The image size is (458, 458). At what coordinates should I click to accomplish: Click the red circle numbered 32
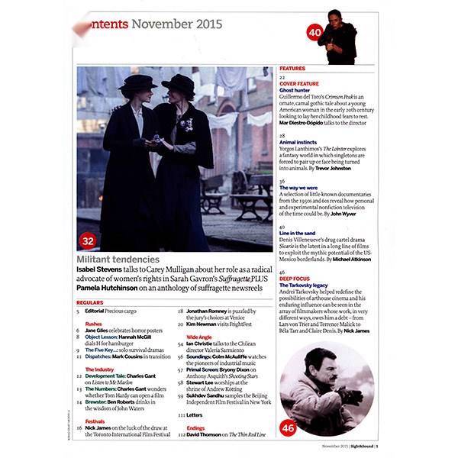pos(89,240)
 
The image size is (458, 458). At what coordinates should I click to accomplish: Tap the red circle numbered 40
pos(315,33)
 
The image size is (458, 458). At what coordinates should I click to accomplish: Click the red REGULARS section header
pos(92,302)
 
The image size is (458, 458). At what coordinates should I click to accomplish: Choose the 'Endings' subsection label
pos(195,427)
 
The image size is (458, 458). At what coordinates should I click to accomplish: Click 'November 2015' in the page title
pos(177,24)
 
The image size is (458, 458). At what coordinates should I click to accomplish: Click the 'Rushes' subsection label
pos(94,324)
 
